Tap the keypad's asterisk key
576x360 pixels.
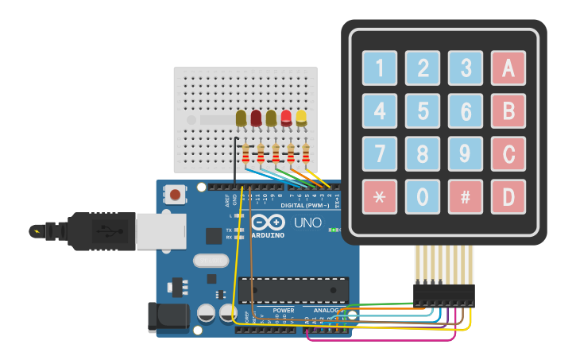tap(380, 196)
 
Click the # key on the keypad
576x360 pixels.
tap(465, 196)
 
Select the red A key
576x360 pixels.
tap(508, 68)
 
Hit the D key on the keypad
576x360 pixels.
tap(508, 196)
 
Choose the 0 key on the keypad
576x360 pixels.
tap(423, 196)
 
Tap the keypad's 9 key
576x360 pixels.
tap(465, 153)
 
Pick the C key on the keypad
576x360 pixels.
tap(508, 153)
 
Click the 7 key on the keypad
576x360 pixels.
tap(380, 153)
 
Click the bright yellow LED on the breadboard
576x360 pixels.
tap(301, 118)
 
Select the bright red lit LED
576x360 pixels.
tap(286, 118)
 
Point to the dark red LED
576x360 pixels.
tap(256, 118)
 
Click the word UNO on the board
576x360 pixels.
tap(307, 223)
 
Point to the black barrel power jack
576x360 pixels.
tap(168, 317)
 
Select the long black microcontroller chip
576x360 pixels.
tap(293, 290)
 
